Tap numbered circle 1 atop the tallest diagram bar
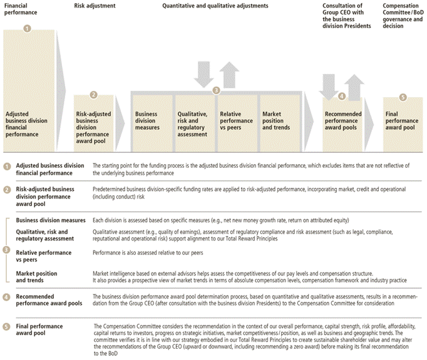(27, 28)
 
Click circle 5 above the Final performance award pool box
(403, 97)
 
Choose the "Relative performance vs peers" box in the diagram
(237, 121)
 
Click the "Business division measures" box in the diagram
(152, 121)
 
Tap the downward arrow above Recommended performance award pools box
(329, 85)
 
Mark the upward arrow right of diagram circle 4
(354, 86)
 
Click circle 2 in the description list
(7, 188)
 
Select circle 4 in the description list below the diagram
(7, 296)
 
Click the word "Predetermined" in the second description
(110, 188)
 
